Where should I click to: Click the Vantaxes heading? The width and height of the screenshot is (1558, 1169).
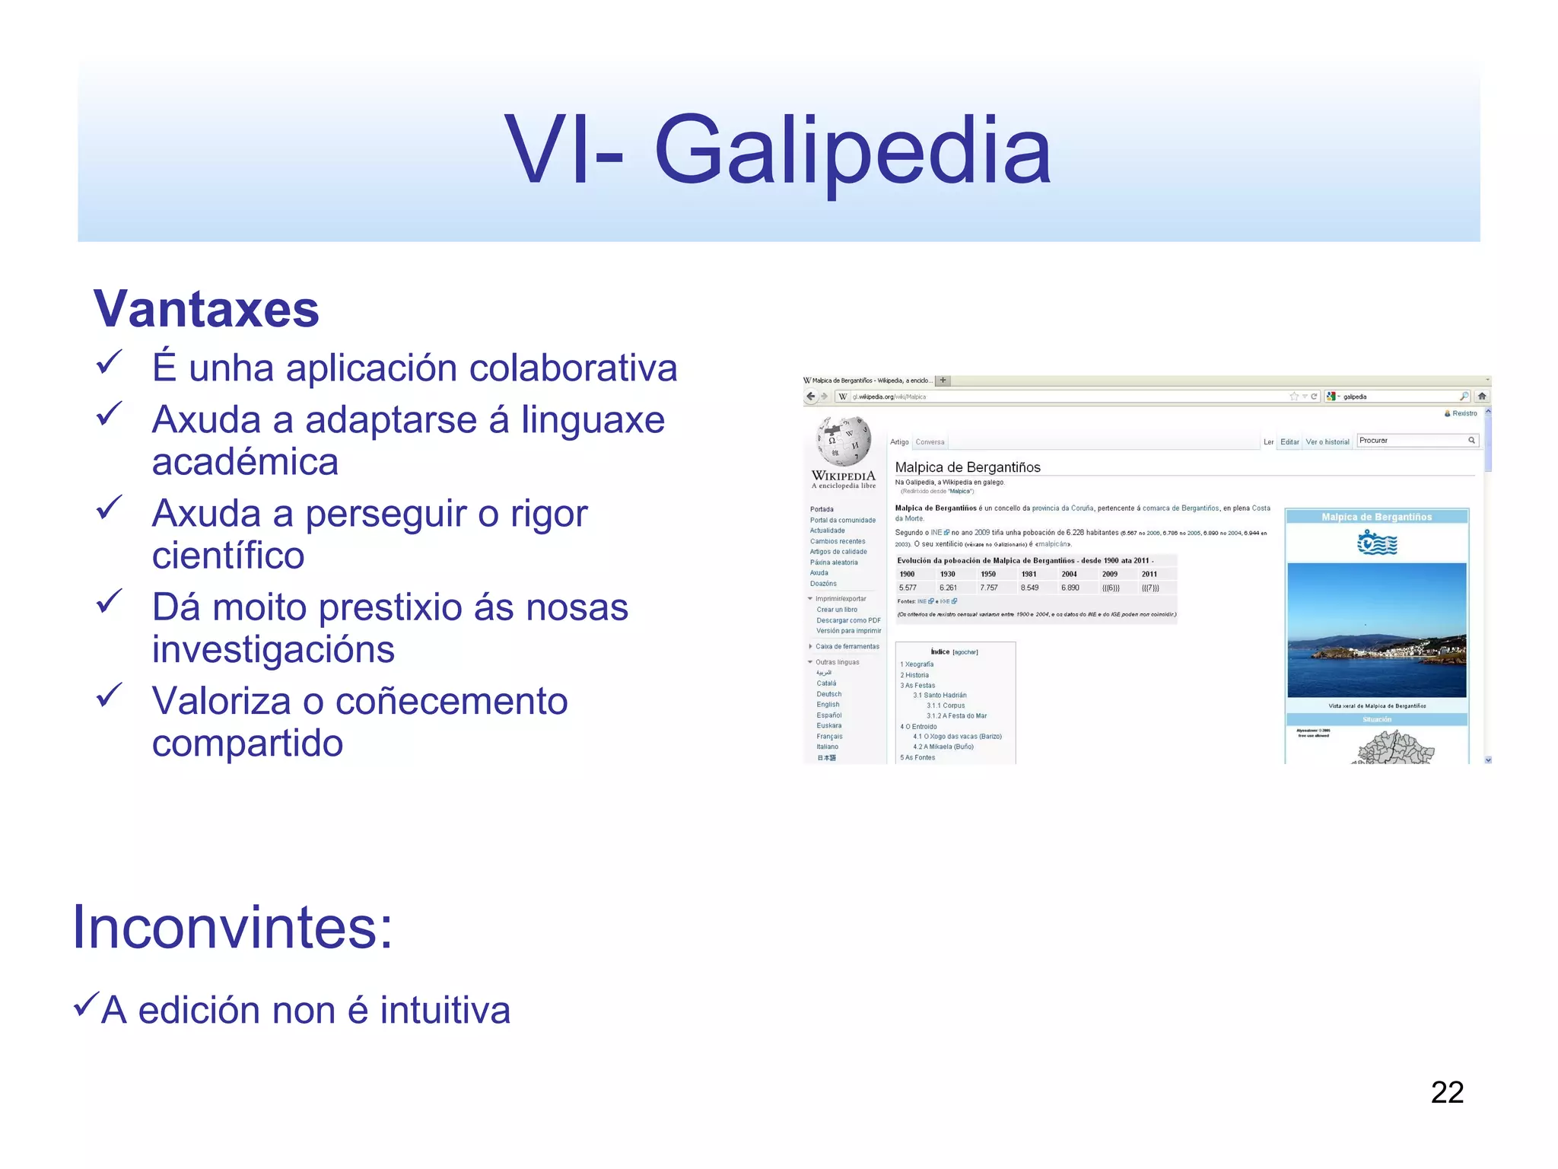[x=206, y=309]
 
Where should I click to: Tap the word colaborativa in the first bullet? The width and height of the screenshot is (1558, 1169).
[x=573, y=368]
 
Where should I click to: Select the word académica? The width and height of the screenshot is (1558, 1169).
[x=245, y=462]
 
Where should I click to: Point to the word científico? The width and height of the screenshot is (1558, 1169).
[x=228, y=556]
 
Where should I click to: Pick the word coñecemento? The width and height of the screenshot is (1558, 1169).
[x=451, y=701]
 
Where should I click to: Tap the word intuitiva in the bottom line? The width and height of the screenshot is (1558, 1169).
[x=445, y=1011]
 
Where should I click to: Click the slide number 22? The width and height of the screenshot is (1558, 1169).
[x=1447, y=1092]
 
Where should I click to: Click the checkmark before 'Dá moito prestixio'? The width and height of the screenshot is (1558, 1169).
[x=110, y=602]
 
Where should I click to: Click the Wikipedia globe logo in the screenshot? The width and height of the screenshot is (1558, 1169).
[x=844, y=441]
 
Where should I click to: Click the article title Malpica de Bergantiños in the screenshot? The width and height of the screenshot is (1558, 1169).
[x=968, y=467]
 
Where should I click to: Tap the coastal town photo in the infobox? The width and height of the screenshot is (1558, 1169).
[x=1376, y=630]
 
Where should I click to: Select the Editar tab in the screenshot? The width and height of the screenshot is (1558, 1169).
[x=1289, y=442]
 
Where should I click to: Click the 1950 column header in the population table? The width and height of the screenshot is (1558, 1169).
[x=988, y=575]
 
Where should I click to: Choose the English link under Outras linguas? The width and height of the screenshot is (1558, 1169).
[x=828, y=705]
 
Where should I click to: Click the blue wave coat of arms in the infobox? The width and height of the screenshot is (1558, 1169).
[x=1377, y=543]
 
